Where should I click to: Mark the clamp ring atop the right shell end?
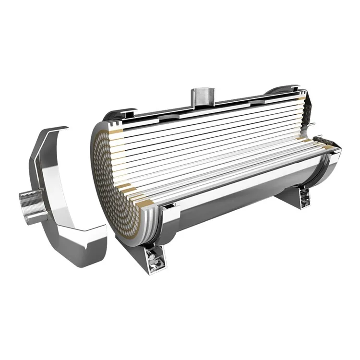(283, 90)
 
